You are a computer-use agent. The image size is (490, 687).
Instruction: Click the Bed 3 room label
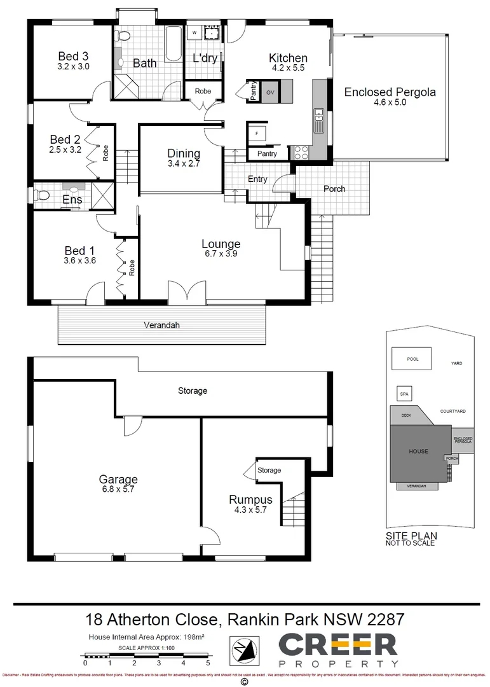tap(74, 55)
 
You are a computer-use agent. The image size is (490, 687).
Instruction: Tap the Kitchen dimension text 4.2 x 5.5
tap(288, 68)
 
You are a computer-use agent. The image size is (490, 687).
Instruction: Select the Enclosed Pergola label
tap(390, 92)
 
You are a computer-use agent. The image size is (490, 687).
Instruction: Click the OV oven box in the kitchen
tap(269, 93)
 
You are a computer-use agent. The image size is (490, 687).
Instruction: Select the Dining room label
tap(184, 153)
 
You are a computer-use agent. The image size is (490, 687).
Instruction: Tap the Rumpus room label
tap(250, 500)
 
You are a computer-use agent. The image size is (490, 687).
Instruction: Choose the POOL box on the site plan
tap(412, 358)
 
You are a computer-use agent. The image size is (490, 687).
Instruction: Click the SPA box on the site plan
tap(404, 394)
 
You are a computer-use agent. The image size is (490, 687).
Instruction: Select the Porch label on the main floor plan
tap(334, 189)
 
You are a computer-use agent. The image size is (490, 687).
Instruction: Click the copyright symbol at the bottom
tap(244, 681)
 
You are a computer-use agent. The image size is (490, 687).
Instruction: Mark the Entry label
tap(257, 179)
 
